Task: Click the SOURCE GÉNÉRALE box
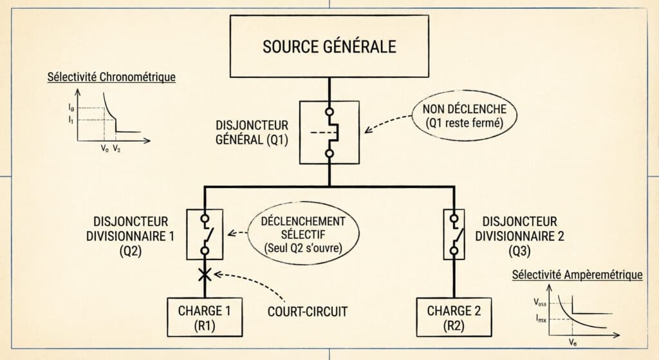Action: (x=329, y=47)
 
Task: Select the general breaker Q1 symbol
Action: (x=329, y=132)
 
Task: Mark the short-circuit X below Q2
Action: (x=205, y=275)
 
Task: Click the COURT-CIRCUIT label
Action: (x=308, y=312)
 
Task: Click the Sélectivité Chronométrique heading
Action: (x=111, y=78)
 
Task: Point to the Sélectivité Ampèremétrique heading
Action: (x=577, y=275)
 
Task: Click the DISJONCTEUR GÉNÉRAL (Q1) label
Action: (x=252, y=132)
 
